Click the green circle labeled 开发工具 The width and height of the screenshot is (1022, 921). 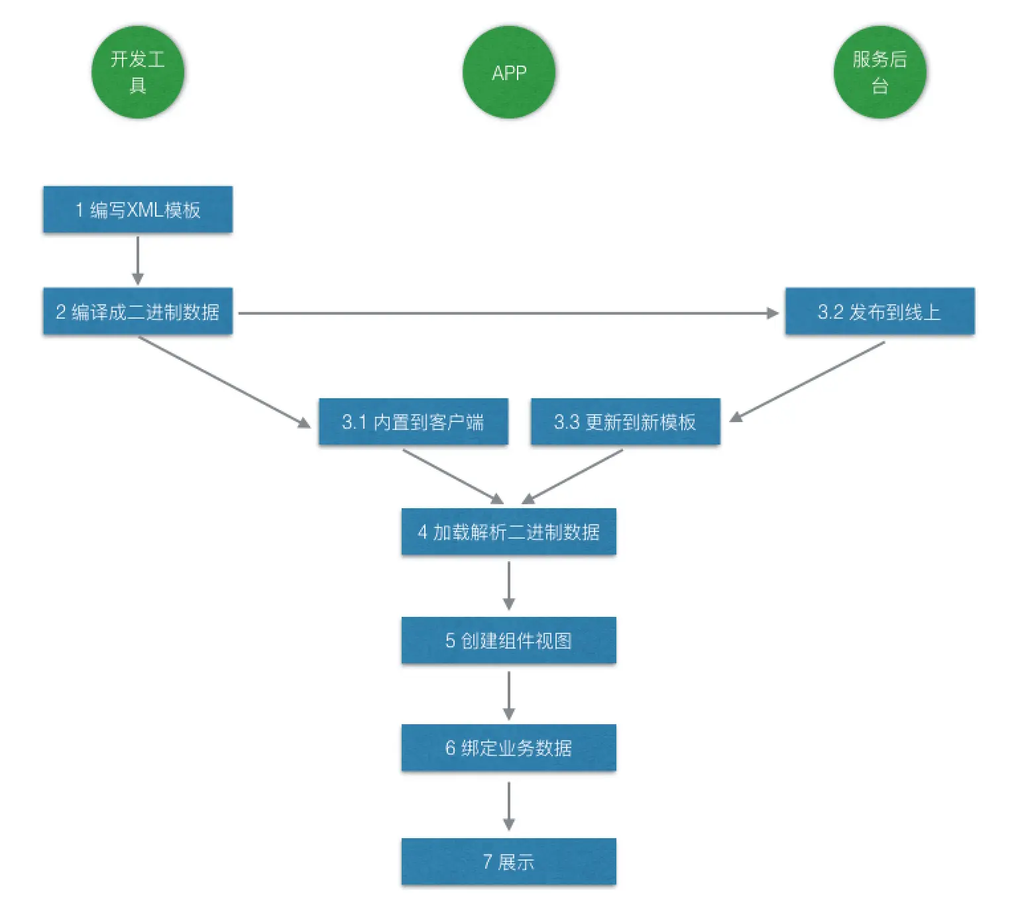click(138, 72)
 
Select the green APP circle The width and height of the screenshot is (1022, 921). click(509, 72)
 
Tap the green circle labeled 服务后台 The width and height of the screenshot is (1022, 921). click(880, 72)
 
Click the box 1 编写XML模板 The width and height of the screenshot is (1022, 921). click(138, 209)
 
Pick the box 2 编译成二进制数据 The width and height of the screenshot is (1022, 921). click(138, 311)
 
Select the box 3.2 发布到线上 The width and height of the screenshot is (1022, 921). click(880, 311)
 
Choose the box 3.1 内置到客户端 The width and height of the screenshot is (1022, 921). click(414, 421)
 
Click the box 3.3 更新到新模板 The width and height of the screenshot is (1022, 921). click(625, 421)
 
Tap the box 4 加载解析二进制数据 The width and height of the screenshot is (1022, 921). click(509, 531)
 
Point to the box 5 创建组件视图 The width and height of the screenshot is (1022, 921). click(509, 640)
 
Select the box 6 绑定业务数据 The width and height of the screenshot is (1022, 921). click(509, 747)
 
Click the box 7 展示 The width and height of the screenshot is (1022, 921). click(509, 861)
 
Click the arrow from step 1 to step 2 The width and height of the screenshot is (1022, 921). click(138, 260)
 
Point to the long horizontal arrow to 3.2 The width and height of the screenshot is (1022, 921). click(508, 313)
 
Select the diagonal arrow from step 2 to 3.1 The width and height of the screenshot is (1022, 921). click(225, 382)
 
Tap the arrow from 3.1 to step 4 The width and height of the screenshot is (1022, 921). click(453, 476)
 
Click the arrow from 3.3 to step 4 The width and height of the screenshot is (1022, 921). click(572, 476)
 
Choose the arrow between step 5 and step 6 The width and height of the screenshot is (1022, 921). click(509, 696)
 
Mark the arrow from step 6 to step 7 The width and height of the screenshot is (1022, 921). click(509, 806)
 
